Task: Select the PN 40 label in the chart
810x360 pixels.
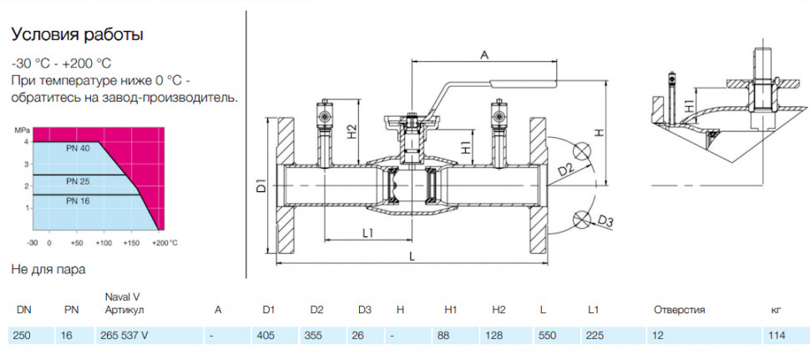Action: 78,148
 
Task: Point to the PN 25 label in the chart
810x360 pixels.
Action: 78,181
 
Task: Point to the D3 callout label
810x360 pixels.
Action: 605,222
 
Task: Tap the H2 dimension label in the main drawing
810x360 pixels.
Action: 352,131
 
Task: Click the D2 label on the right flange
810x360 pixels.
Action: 565,169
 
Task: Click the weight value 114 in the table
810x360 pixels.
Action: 777,336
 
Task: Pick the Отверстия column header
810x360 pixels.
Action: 679,310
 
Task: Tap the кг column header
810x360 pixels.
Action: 775,311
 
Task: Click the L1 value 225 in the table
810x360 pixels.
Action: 596,336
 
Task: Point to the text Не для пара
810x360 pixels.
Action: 48,269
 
